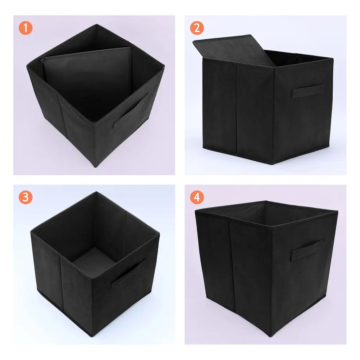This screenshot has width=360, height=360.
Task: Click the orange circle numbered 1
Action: point(25,28)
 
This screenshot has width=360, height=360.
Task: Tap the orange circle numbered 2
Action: point(197,28)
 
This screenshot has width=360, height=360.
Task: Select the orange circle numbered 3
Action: point(25,197)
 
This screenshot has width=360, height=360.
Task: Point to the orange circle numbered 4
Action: point(197,197)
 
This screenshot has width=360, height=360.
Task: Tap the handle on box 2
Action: point(308,91)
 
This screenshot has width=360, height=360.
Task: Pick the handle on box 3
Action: point(128,274)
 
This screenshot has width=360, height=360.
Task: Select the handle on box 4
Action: point(308,250)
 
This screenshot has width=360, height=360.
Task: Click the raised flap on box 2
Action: point(234,51)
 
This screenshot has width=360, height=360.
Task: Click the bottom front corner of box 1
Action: point(96,167)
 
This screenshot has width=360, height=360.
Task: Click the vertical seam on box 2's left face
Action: point(237,108)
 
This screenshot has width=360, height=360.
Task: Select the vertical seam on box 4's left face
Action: point(232,266)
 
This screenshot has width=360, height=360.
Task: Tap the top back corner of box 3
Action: point(96,192)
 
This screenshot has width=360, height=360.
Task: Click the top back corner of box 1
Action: point(97,24)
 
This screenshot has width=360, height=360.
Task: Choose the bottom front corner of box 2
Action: point(272,164)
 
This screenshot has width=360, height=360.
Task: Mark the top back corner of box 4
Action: point(266,201)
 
